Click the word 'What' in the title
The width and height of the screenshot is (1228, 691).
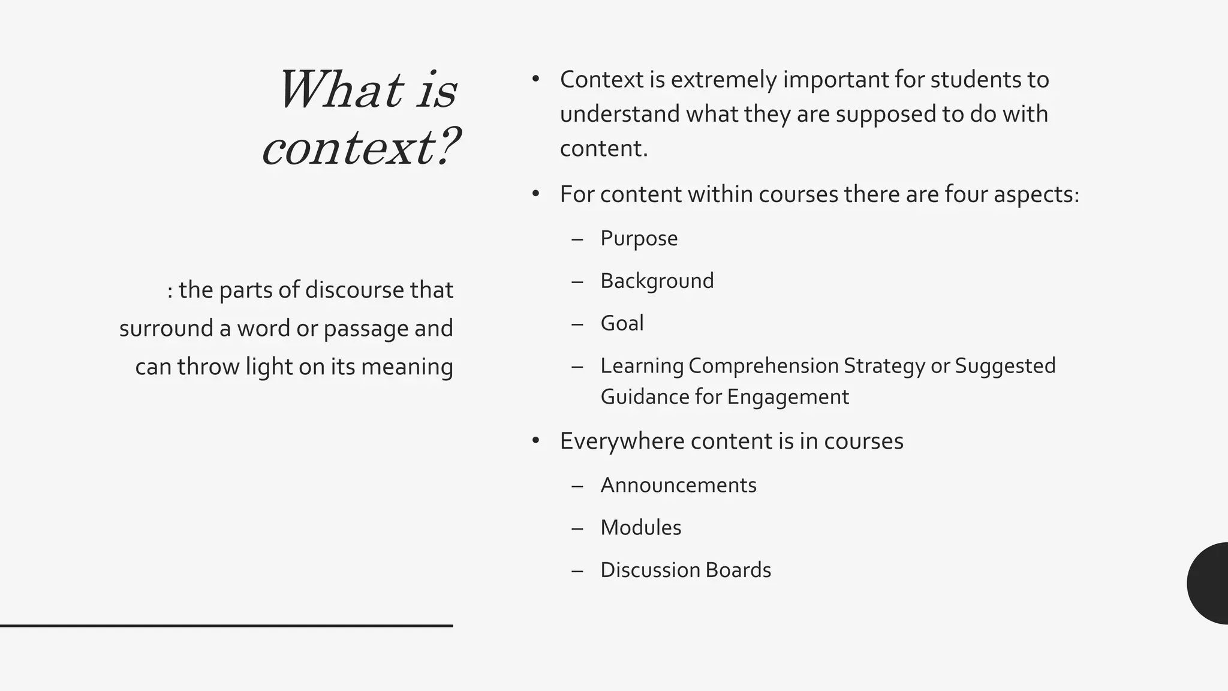coord(340,90)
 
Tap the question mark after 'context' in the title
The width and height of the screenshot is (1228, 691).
coord(446,146)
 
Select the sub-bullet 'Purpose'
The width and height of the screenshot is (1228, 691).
coord(639,238)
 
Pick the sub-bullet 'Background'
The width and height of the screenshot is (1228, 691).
coord(657,281)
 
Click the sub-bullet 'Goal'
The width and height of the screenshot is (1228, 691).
coord(622,323)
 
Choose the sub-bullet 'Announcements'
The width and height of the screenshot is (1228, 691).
coord(678,485)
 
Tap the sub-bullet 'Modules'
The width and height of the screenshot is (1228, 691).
coord(640,528)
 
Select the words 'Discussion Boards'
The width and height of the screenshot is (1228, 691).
coord(685,570)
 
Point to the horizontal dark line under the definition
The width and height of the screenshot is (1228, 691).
coord(226,626)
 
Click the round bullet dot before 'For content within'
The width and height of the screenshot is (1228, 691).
coord(536,194)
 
